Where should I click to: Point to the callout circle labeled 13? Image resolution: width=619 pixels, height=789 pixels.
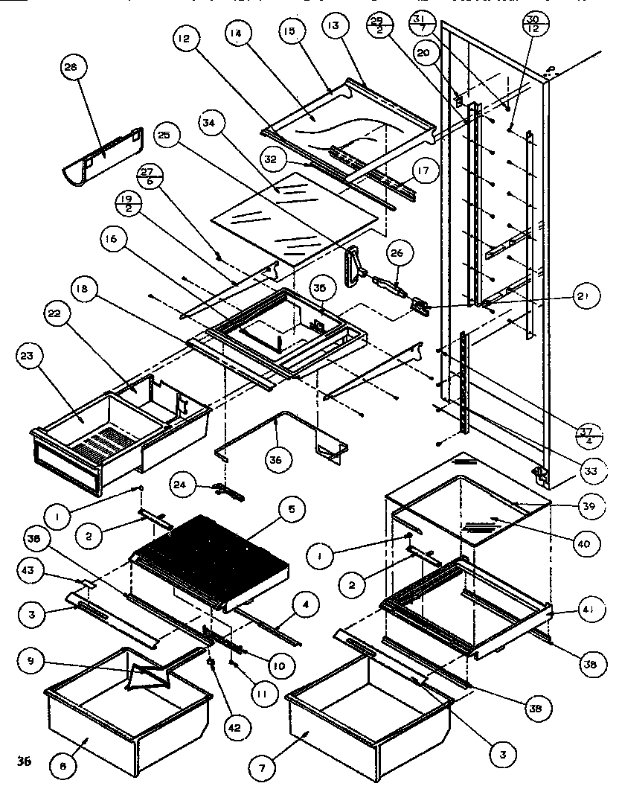[333, 27]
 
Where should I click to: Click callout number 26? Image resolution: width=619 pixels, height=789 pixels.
[397, 254]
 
